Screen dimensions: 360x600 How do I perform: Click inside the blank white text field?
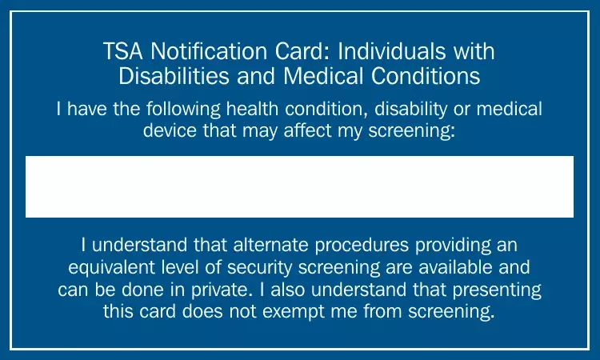click(299, 186)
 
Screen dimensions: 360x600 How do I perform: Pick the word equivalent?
click(113, 267)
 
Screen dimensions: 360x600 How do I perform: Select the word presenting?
click(496, 289)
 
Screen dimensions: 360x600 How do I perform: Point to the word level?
click(182, 267)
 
